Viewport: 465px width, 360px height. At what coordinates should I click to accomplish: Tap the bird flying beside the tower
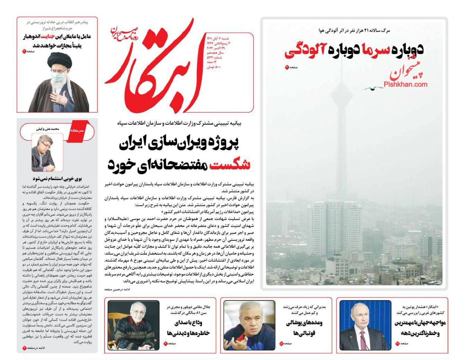click(372, 89)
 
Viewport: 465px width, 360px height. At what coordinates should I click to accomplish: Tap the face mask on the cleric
click(57, 77)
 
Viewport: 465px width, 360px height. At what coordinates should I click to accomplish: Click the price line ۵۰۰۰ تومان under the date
click(214, 67)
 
